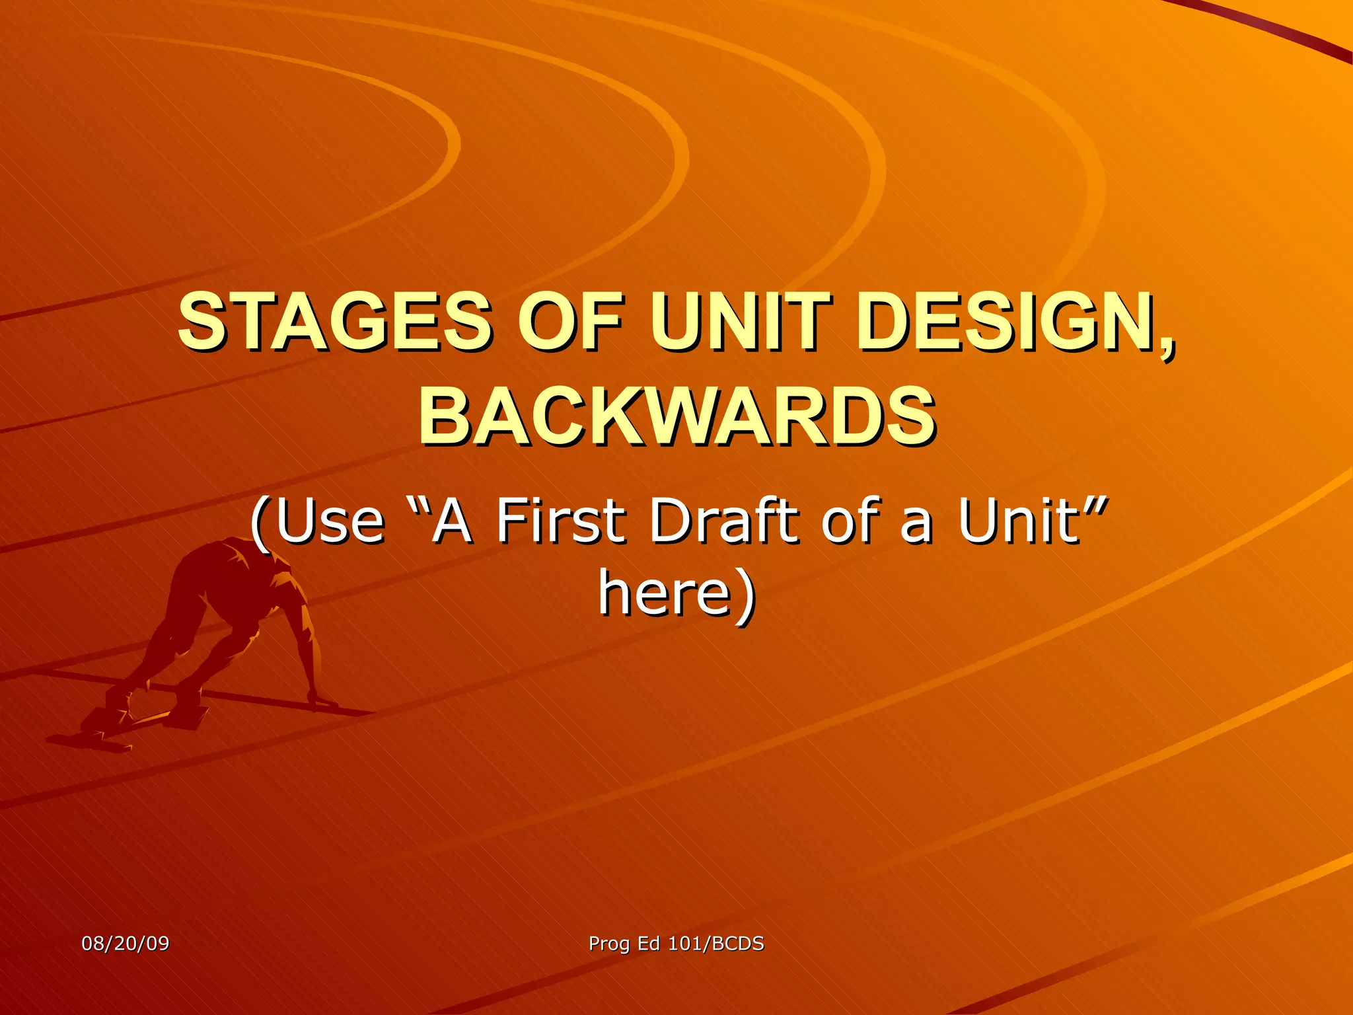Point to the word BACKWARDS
pyautogui.click(x=676, y=417)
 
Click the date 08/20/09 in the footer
pyautogui.click(x=126, y=943)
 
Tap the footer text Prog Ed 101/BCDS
pyautogui.click(x=676, y=943)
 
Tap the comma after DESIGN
pyautogui.click(x=1168, y=344)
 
